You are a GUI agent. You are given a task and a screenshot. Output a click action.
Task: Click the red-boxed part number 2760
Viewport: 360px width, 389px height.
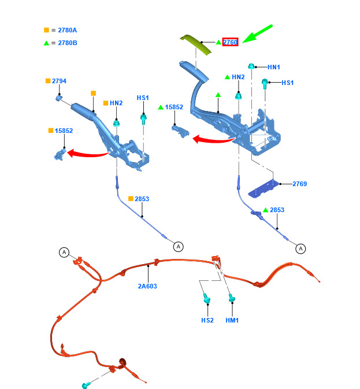tap(230, 42)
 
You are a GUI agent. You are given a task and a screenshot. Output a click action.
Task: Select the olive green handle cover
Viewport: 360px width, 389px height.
tap(196, 45)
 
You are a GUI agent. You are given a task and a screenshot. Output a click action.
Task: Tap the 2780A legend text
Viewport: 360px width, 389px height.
tap(68, 30)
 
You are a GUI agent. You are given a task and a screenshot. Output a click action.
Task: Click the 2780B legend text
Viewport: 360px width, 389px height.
tap(68, 43)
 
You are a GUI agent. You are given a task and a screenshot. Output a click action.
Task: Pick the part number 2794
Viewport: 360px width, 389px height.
tap(59, 81)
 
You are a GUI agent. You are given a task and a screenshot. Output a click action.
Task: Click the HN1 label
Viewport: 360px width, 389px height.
tap(274, 67)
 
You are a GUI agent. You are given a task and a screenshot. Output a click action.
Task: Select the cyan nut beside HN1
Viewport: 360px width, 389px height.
tap(251, 66)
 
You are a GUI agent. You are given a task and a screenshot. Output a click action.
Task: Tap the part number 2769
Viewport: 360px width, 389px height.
tap(299, 184)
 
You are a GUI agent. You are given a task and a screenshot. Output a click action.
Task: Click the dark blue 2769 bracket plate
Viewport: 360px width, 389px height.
tap(263, 189)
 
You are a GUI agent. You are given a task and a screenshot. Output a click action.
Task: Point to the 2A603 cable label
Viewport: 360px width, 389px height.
tap(147, 286)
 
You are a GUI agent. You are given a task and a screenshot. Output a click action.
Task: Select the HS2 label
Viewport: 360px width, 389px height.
tap(207, 320)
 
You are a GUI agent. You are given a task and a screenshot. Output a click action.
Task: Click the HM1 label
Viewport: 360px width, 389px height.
tap(232, 320)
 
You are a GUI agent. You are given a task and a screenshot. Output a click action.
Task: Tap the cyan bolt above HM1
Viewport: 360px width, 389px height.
tap(232, 298)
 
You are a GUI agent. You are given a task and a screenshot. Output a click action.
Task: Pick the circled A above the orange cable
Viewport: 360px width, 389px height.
tap(64, 253)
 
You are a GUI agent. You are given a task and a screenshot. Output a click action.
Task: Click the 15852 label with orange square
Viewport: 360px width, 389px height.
tap(64, 131)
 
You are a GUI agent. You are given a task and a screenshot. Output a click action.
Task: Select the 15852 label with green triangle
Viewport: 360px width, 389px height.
tap(174, 107)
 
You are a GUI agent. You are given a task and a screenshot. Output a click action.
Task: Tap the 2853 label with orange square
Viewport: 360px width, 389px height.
tap(142, 199)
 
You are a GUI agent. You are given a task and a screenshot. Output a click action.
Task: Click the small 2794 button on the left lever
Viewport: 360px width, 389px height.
tap(59, 98)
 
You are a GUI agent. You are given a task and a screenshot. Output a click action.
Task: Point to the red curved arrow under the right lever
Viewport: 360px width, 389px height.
tap(214, 140)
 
